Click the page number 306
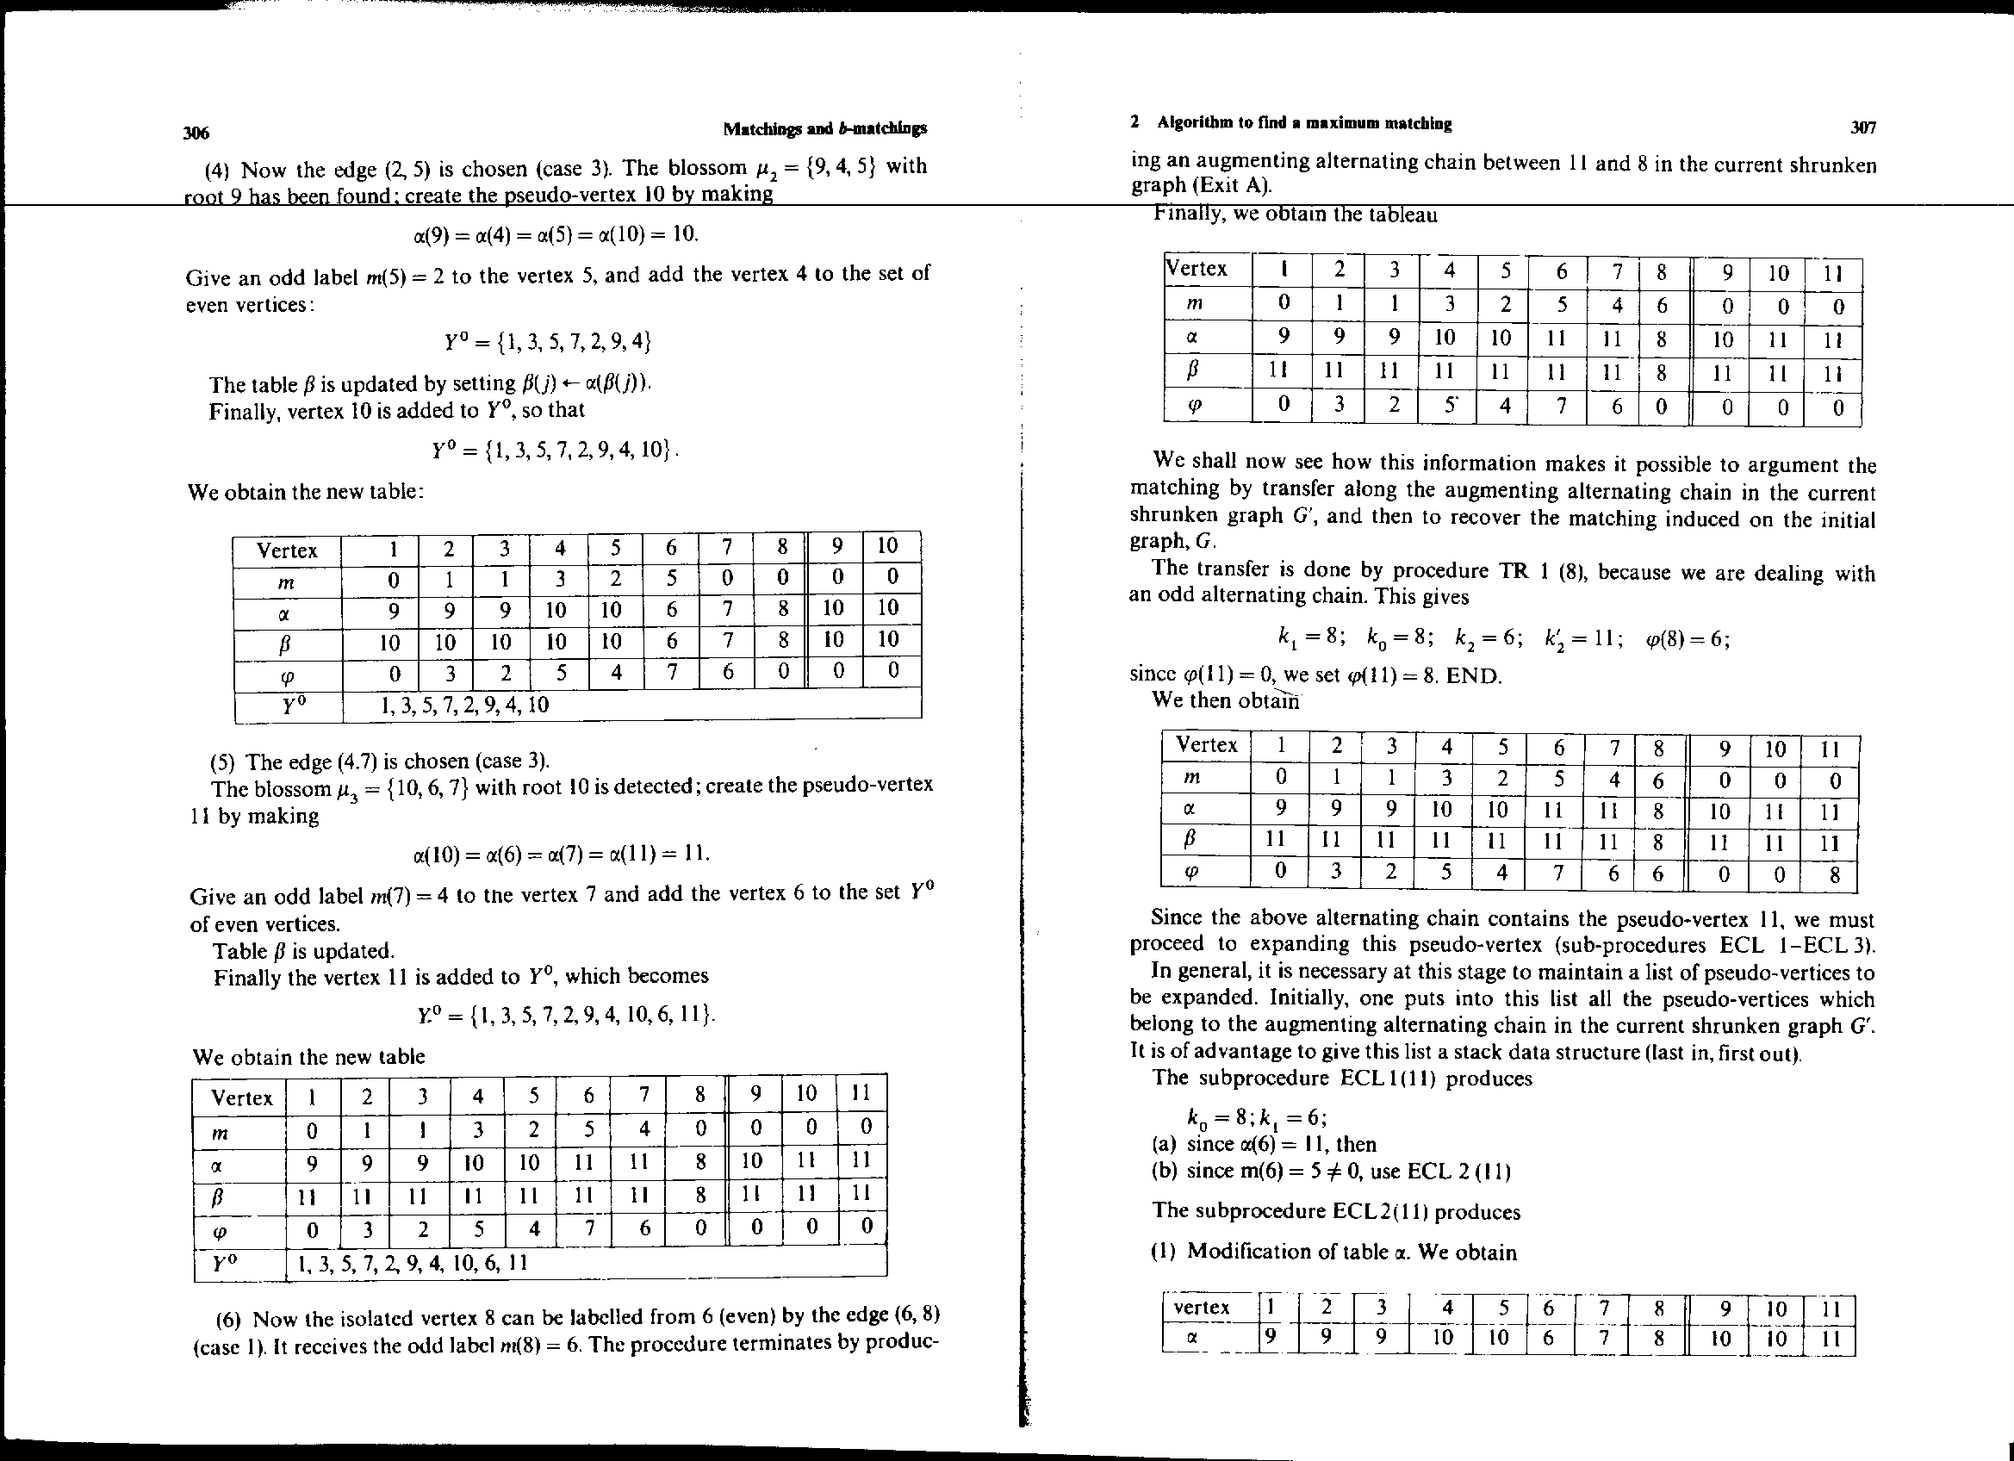[196, 134]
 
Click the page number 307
[1863, 127]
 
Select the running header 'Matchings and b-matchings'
[825, 128]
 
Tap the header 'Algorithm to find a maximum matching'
[1304, 123]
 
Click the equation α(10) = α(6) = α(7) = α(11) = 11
[562, 854]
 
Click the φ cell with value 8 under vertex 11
[1829, 876]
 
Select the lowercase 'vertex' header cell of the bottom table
[1202, 1308]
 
